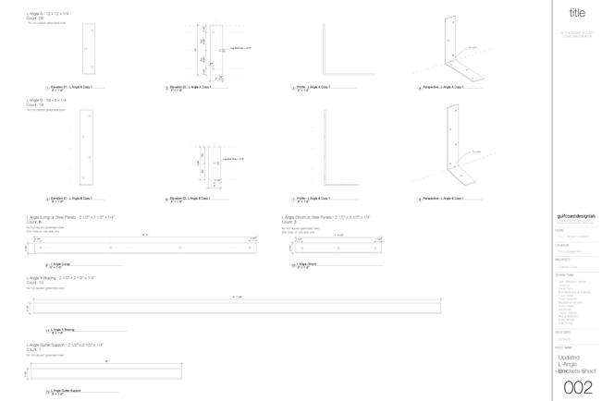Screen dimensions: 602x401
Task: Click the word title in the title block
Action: [577, 13]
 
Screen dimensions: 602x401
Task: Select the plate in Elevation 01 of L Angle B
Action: [86, 148]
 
